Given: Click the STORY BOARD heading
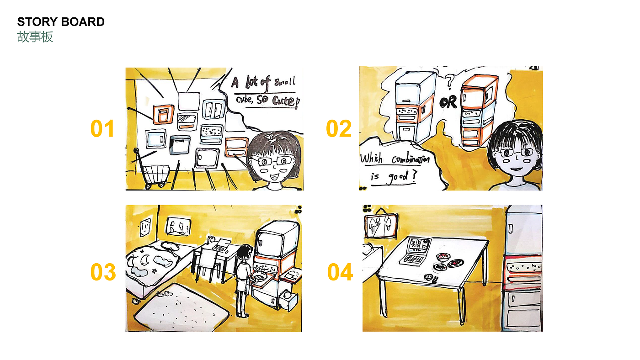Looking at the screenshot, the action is (x=61, y=22).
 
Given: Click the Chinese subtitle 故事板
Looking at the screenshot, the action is (x=35, y=37).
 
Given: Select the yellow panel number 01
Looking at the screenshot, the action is (x=102, y=128).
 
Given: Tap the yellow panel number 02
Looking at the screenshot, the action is (x=339, y=128).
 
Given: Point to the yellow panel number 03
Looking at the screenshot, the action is (x=103, y=272).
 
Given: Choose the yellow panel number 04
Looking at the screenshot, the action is (x=340, y=272).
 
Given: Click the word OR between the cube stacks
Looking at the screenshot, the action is (x=448, y=103).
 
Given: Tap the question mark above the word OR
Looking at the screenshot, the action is (x=450, y=81).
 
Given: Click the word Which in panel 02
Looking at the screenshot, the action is (x=371, y=159).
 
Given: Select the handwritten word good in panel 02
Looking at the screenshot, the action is (x=398, y=177).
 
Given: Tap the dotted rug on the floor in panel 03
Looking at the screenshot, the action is (x=182, y=309).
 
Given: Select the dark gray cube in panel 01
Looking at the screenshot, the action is (x=180, y=145).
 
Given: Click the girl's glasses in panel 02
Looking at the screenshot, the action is (x=516, y=153).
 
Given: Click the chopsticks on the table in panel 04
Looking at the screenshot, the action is (x=435, y=280).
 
